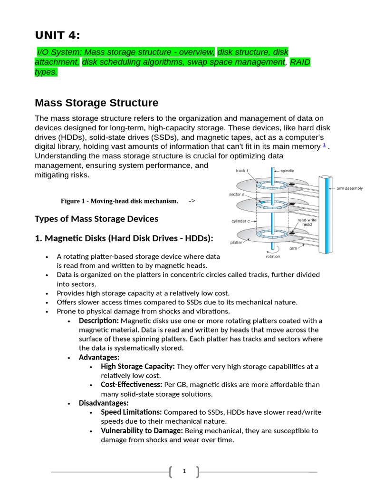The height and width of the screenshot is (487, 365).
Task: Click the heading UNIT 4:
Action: (58, 36)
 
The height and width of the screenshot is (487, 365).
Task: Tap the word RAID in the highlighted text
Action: (300, 62)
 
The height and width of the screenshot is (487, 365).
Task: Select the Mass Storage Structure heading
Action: (96, 103)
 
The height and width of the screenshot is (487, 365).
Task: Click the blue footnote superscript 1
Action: (324, 145)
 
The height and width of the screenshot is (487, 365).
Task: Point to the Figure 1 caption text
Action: (119, 201)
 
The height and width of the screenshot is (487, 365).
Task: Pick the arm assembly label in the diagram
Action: (349, 188)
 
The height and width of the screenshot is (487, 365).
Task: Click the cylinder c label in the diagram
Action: (240, 221)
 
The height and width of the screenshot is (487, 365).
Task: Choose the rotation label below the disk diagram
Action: (273, 256)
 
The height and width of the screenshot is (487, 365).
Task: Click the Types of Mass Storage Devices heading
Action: (96, 219)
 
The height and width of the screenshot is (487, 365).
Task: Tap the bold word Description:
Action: (99, 321)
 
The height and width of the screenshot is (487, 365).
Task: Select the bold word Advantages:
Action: (99, 357)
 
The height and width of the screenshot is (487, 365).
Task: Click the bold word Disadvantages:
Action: (104, 403)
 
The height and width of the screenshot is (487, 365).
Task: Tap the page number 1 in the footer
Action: (184, 471)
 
